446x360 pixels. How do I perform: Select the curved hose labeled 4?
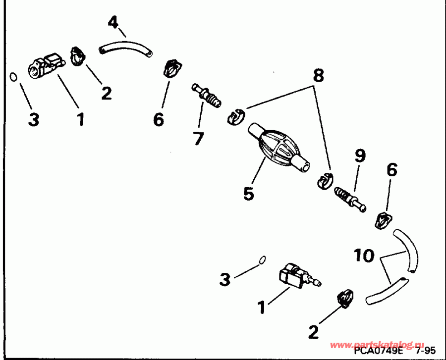point(125,48)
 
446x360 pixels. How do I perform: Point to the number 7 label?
point(198,138)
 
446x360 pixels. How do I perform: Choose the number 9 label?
point(360,156)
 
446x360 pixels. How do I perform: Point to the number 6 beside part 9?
point(391,170)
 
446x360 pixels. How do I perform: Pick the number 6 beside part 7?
point(159,119)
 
